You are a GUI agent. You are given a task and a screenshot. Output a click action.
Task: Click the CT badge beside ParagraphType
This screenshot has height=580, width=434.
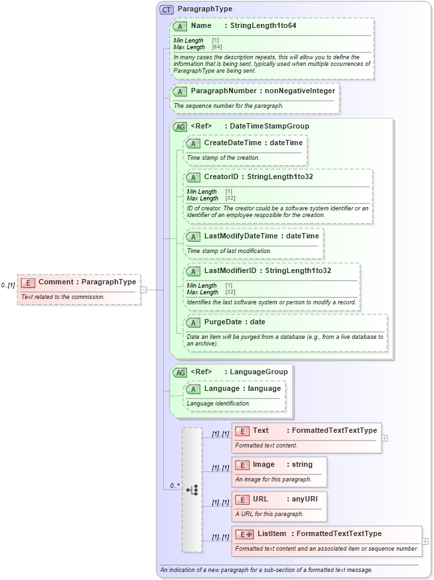(166, 9)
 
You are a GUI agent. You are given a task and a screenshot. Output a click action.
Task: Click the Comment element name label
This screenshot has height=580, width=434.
(59, 282)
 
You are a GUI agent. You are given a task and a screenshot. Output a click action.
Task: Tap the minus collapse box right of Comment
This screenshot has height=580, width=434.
(143, 290)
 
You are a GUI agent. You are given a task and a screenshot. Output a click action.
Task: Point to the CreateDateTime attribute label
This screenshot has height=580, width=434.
(233, 143)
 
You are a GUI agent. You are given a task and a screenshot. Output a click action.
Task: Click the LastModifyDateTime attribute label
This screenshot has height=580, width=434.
(241, 236)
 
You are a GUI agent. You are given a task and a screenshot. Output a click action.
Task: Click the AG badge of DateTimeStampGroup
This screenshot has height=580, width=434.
(180, 127)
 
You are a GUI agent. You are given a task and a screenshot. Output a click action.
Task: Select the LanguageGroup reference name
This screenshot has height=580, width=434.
(259, 372)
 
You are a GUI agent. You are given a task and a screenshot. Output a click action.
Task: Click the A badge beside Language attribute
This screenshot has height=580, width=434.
(193, 389)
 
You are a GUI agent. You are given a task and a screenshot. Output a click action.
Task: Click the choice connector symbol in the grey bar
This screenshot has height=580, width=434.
(192, 489)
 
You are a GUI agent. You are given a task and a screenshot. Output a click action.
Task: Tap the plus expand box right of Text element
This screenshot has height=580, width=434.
(385, 438)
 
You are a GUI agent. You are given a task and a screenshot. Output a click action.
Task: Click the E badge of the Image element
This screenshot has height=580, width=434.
(242, 465)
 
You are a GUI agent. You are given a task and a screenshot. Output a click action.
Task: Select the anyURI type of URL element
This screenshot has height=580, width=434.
(304, 499)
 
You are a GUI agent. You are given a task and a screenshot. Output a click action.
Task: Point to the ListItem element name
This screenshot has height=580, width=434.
(272, 533)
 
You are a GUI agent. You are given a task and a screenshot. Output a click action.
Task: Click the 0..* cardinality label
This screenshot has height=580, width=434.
(174, 485)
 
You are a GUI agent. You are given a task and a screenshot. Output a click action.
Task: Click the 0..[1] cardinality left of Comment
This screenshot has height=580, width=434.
(8, 285)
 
